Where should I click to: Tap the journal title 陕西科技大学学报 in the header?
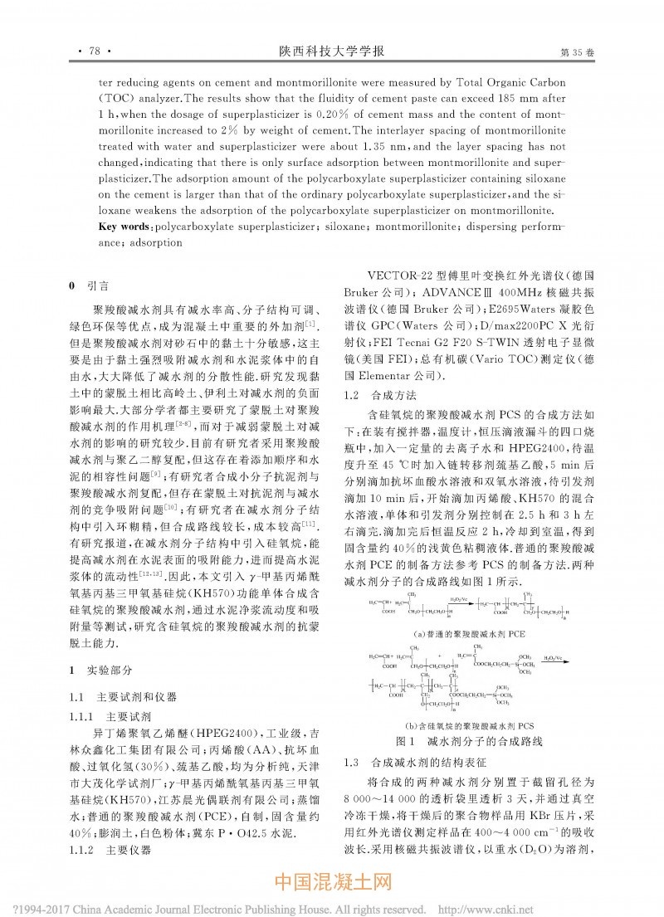coord(331,51)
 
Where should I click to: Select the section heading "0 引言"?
coord(91,285)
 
